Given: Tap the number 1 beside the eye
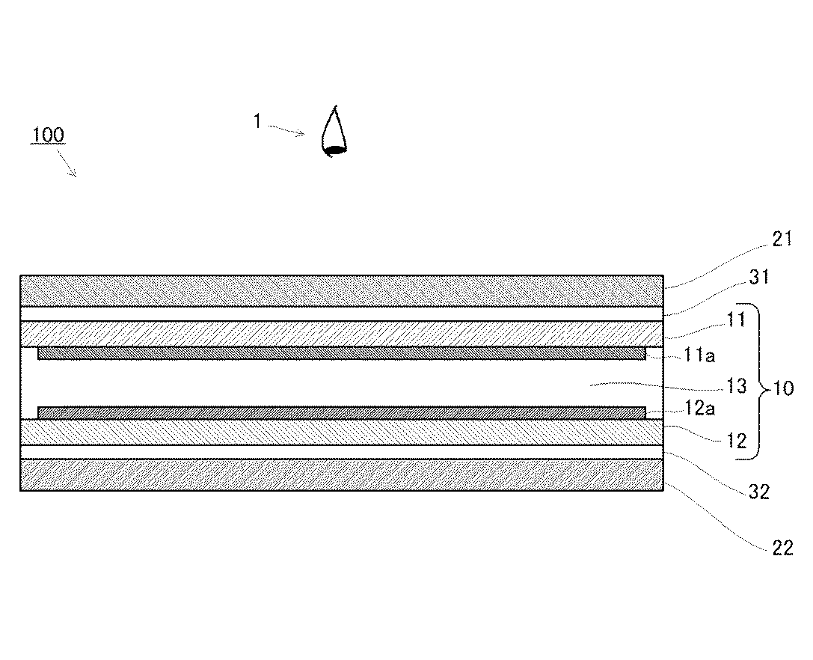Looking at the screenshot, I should [x=257, y=121].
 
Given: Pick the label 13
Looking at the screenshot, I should [x=737, y=386].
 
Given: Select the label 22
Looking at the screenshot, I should [x=782, y=549].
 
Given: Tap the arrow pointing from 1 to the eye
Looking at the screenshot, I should [x=287, y=129].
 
